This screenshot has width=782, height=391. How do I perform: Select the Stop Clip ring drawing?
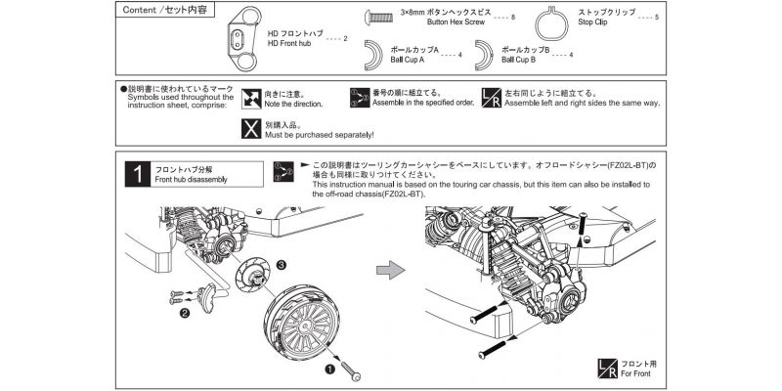[x=560, y=28]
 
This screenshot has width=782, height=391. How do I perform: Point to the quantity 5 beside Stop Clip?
[x=656, y=18]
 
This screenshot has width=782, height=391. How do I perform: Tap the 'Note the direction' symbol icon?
[x=250, y=98]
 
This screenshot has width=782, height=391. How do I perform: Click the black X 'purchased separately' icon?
[x=250, y=129]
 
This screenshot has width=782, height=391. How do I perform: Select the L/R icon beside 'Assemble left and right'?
[x=493, y=98]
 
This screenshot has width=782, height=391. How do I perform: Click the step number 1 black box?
[x=141, y=174]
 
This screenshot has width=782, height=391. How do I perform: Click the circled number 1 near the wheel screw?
[x=330, y=369]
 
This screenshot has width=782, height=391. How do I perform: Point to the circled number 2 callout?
[x=183, y=314]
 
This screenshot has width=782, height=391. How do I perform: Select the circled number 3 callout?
[x=281, y=264]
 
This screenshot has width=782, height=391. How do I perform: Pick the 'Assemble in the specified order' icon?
[x=358, y=98]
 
